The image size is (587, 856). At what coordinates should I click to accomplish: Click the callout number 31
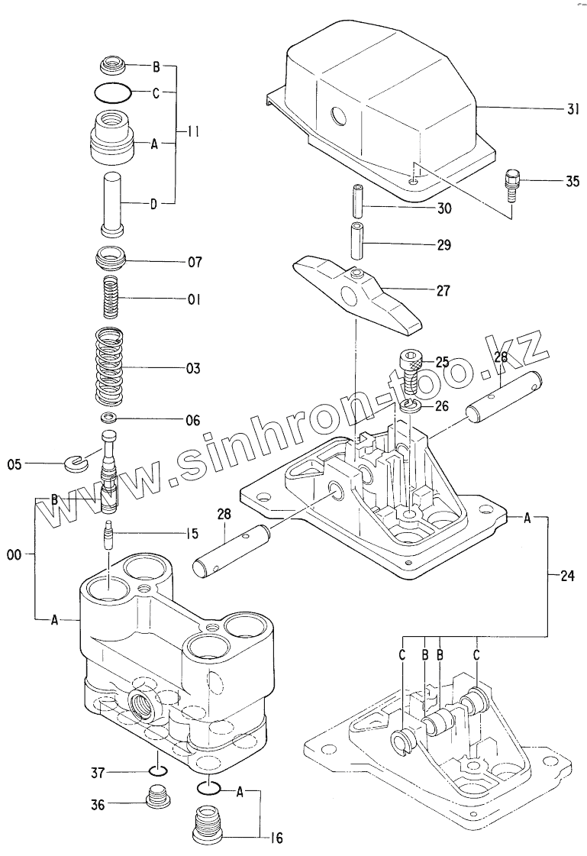(573, 109)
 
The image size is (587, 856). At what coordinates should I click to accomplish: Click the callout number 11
(193, 131)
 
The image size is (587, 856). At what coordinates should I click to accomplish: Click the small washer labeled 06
(111, 418)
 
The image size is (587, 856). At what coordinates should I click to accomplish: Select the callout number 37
(97, 774)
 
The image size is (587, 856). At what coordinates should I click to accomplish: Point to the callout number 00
(13, 557)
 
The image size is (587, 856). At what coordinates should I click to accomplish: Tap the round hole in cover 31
(337, 118)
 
